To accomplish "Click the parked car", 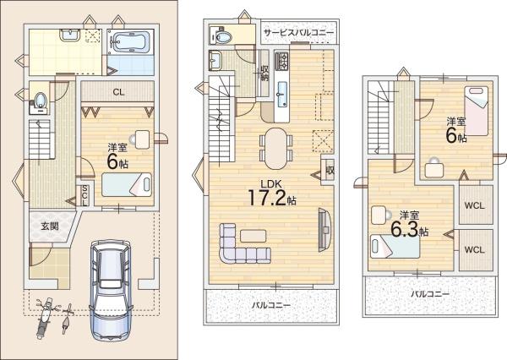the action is [x=111, y=290].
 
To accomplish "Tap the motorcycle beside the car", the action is [x=44, y=318].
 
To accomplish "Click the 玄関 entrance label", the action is [x=50, y=226].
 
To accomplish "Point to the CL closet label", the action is [x=118, y=92].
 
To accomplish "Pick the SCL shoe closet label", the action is [x=84, y=196].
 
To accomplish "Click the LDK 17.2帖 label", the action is [x=271, y=194].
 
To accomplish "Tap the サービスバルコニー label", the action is [x=298, y=32].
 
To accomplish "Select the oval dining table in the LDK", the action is [x=275, y=149].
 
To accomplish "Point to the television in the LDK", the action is [x=324, y=230].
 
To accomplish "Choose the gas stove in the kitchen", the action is [x=282, y=61].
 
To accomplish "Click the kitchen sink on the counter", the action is [x=282, y=94].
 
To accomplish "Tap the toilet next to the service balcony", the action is [x=221, y=35].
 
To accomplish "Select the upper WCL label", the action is [x=474, y=205].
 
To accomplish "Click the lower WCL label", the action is [x=474, y=249].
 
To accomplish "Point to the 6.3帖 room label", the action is [x=409, y=225].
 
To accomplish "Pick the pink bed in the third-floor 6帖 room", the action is [x=476, y=111].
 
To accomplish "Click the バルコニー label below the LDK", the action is [x=271, y=305].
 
